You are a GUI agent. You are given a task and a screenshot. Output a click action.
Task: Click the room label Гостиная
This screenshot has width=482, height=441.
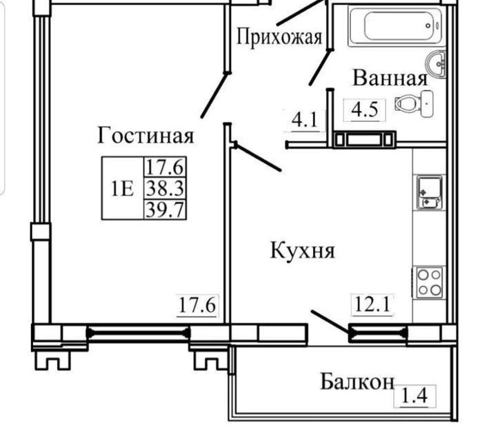pos(145,135)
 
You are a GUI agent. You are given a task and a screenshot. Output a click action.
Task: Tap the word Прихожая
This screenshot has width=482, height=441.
pos(279,36)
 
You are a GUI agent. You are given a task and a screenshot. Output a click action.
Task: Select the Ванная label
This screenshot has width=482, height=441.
pos(390,77)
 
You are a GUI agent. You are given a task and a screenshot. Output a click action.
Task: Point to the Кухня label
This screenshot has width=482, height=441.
pos(302,250)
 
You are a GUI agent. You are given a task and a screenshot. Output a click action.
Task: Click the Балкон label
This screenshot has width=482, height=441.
pos(357,381)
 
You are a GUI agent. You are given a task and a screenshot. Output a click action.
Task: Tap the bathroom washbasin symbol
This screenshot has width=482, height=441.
pos(437,63)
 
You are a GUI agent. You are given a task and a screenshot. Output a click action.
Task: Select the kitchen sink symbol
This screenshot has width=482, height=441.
pos(430,192)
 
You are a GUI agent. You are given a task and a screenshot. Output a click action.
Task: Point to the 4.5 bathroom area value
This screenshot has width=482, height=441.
pos(365,110)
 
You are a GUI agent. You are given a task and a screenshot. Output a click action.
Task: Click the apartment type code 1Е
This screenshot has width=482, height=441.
pos(122,188)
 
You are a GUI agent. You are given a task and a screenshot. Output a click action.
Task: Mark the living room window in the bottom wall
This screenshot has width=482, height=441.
pos(138,334)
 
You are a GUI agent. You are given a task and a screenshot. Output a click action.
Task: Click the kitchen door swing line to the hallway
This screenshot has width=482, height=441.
pos(258,157)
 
